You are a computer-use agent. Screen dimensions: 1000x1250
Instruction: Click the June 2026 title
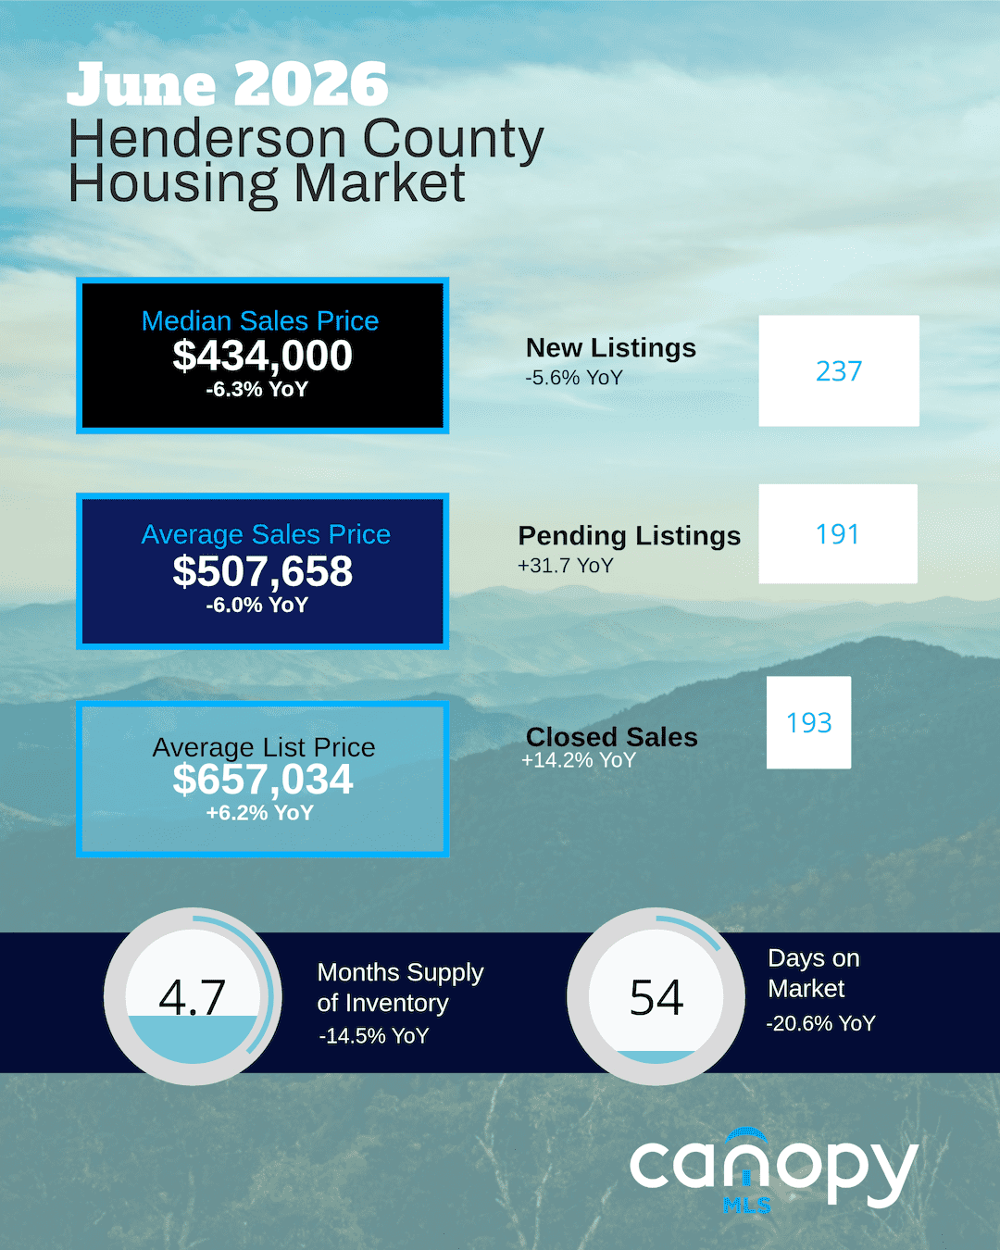click(x=227, y=85)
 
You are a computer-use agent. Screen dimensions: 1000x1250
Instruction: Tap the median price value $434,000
click(x=263, y=356)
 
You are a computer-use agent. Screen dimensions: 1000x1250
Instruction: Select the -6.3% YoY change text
click(x=257, y=389)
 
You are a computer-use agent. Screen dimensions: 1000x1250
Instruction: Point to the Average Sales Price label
click(x=266, y=534)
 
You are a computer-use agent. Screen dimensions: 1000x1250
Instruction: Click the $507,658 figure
click(x=263, y=571)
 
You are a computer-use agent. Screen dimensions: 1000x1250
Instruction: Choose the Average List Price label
click(x=264, y=747)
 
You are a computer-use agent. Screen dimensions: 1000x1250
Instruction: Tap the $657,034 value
click(x=263, y=779)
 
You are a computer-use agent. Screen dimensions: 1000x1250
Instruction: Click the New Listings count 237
click(x=839, y=371)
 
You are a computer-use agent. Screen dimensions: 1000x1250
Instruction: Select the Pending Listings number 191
click(x=837, y=534)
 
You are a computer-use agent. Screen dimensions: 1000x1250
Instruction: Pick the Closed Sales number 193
click(x=809, y=723)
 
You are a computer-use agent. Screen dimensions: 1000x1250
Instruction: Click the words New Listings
click(x=611, y=348)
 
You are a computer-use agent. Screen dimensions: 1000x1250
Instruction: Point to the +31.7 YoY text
click(x=566, y=566)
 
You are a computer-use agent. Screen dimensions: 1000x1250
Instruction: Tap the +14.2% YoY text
click(x=579, y=760)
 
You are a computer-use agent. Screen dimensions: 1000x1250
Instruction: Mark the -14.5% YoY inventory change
click(x=374, y=1036)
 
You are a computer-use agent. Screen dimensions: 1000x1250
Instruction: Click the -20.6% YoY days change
click(x=820, y=1023)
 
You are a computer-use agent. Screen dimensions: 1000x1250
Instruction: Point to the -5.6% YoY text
click(x=574, y=378)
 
